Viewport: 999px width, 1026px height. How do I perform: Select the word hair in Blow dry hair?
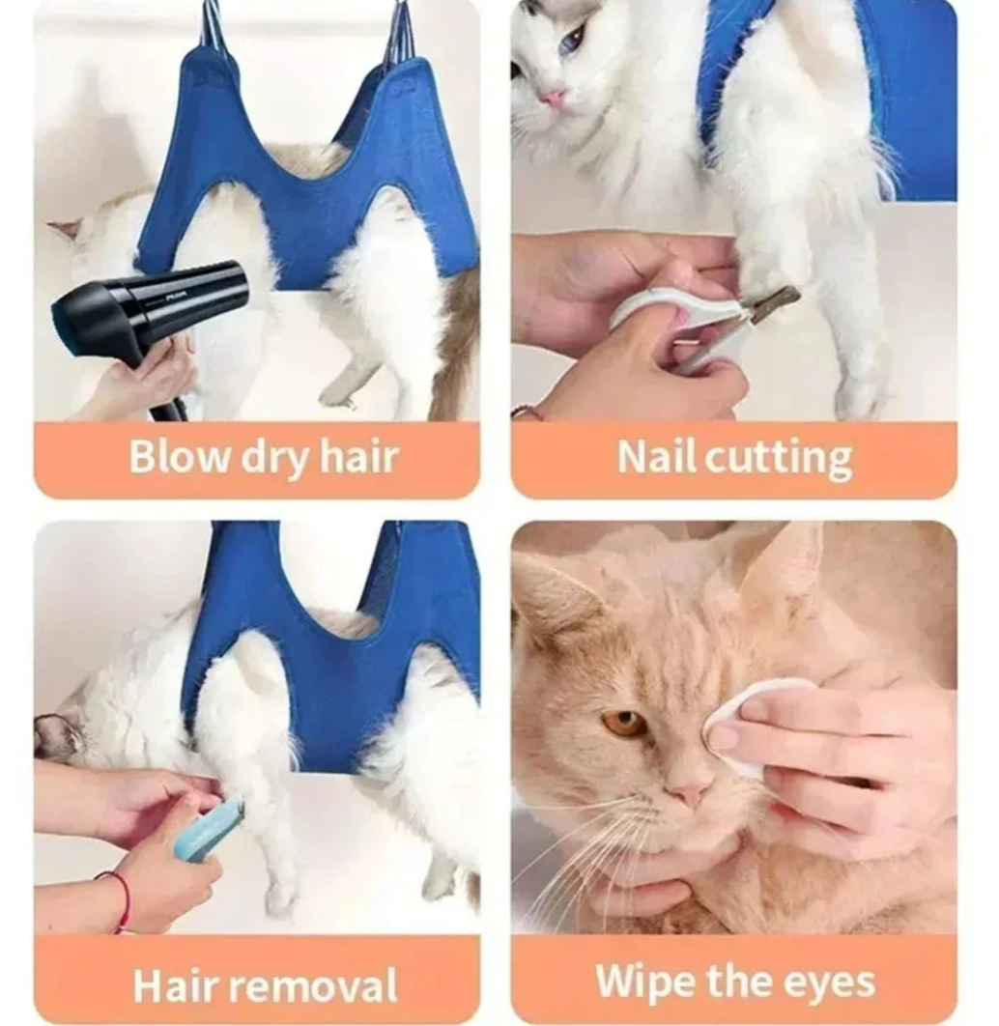(358, 457)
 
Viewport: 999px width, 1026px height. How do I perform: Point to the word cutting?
(779, 459)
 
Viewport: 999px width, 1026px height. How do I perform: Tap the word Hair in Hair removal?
(184, 984)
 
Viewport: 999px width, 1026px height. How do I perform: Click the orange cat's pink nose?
(688, 793)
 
